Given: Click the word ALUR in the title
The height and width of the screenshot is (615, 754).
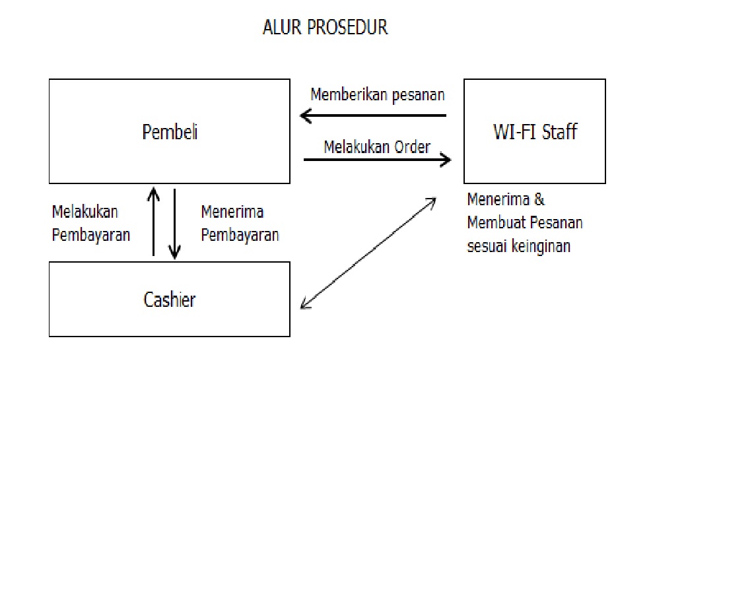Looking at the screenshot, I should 282,28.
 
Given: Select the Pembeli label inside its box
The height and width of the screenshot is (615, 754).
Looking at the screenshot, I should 170,132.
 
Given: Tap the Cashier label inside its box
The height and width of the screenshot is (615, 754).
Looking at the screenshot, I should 170,300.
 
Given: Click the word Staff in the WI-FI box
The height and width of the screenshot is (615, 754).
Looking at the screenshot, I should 559,132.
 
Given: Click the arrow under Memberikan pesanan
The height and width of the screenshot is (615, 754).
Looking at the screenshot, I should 373,116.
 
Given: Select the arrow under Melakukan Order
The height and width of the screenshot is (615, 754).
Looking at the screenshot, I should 377,159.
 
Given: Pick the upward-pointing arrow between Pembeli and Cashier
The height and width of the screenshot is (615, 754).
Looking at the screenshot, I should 153,221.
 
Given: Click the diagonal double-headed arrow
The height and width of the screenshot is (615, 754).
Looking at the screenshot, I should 368,253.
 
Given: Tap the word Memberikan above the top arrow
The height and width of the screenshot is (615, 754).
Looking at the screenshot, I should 349,94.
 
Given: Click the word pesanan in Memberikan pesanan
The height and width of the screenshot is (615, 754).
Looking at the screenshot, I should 419,95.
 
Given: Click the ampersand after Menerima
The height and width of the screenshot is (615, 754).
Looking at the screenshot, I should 539,199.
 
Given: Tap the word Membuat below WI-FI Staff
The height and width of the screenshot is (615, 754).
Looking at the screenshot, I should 493,223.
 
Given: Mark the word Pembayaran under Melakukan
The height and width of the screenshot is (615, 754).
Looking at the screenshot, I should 90,236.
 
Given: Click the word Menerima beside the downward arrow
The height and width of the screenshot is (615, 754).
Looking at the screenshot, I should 232,212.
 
